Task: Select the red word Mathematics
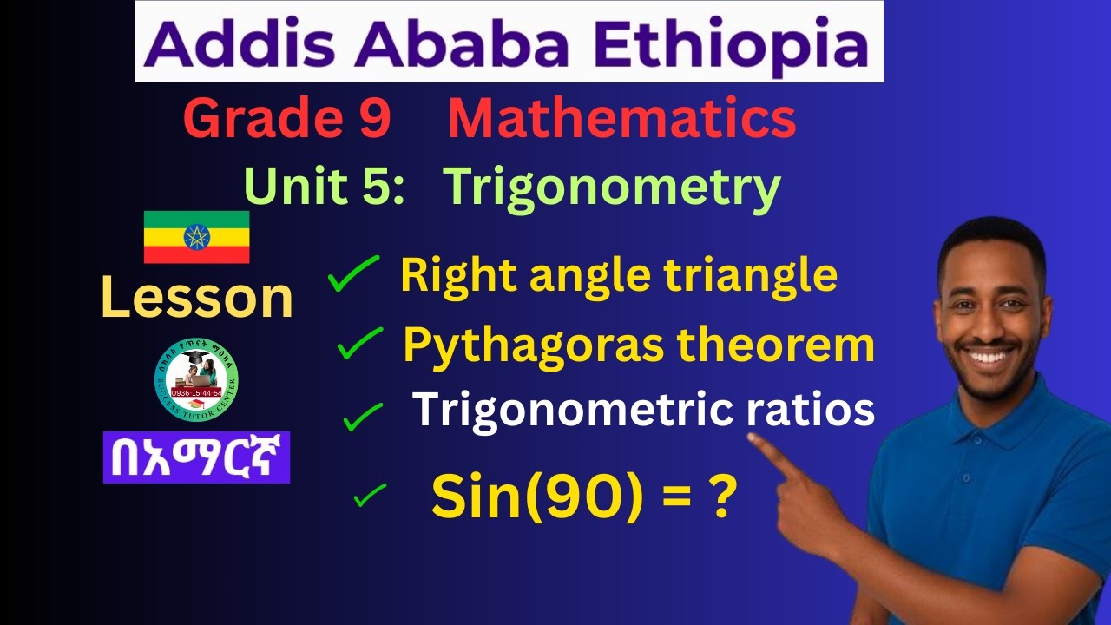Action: pyautogui.click(x=621, y=120)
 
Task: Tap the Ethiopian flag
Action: pyautogui.click(x=196, y=237)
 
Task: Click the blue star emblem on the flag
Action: pyautogui.click(x=196, y=237)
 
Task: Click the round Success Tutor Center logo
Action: pyautogui.click(x=196, y=379)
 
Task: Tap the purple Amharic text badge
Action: pyautogui.click(x=196, y=457)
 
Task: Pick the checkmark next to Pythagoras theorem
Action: pyautogui.click(x=360, y=345)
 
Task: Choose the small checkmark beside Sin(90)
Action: pyautogui.click(x=370, y=496)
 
